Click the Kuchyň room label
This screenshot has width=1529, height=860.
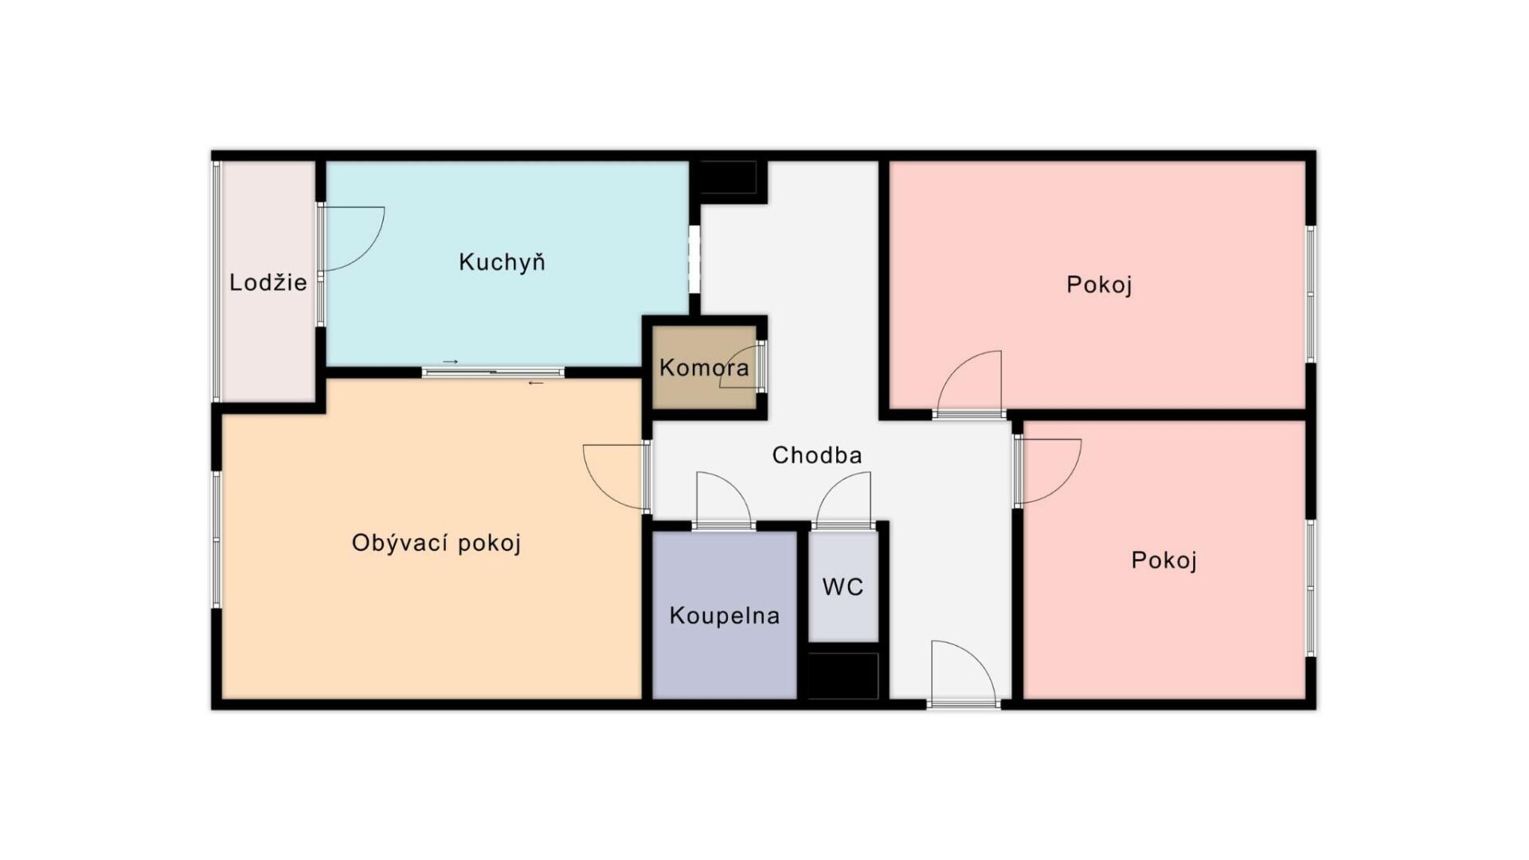tap(502, 262)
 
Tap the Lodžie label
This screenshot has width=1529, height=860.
tap(268, 282)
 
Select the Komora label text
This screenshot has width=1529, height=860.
tap(704, 368)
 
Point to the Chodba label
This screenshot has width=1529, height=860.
tap(817, 455)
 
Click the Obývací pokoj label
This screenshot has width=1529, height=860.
tap(436, 543)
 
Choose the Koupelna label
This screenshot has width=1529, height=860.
tap(724, 616)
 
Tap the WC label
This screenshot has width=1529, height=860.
tap(843, 587)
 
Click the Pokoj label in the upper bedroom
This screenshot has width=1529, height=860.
tap(1099, 284)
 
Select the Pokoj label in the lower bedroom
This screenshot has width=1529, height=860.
tap(1163, 561)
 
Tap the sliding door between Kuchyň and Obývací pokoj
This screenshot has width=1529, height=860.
tap(493, 372)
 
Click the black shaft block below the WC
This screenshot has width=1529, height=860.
tap(843, 675)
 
